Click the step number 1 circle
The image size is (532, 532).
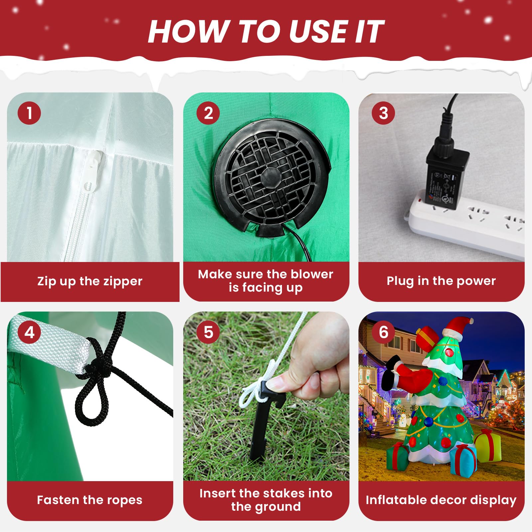(29, 113)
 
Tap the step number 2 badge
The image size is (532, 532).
(208, 113)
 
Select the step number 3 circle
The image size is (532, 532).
(383, 113)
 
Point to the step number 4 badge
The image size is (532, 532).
(29, 332)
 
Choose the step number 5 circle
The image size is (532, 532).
(208, 332)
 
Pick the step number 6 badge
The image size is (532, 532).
(383, 332)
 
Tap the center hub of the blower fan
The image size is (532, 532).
(270, 178)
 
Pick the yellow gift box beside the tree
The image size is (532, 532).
(488, 446)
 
